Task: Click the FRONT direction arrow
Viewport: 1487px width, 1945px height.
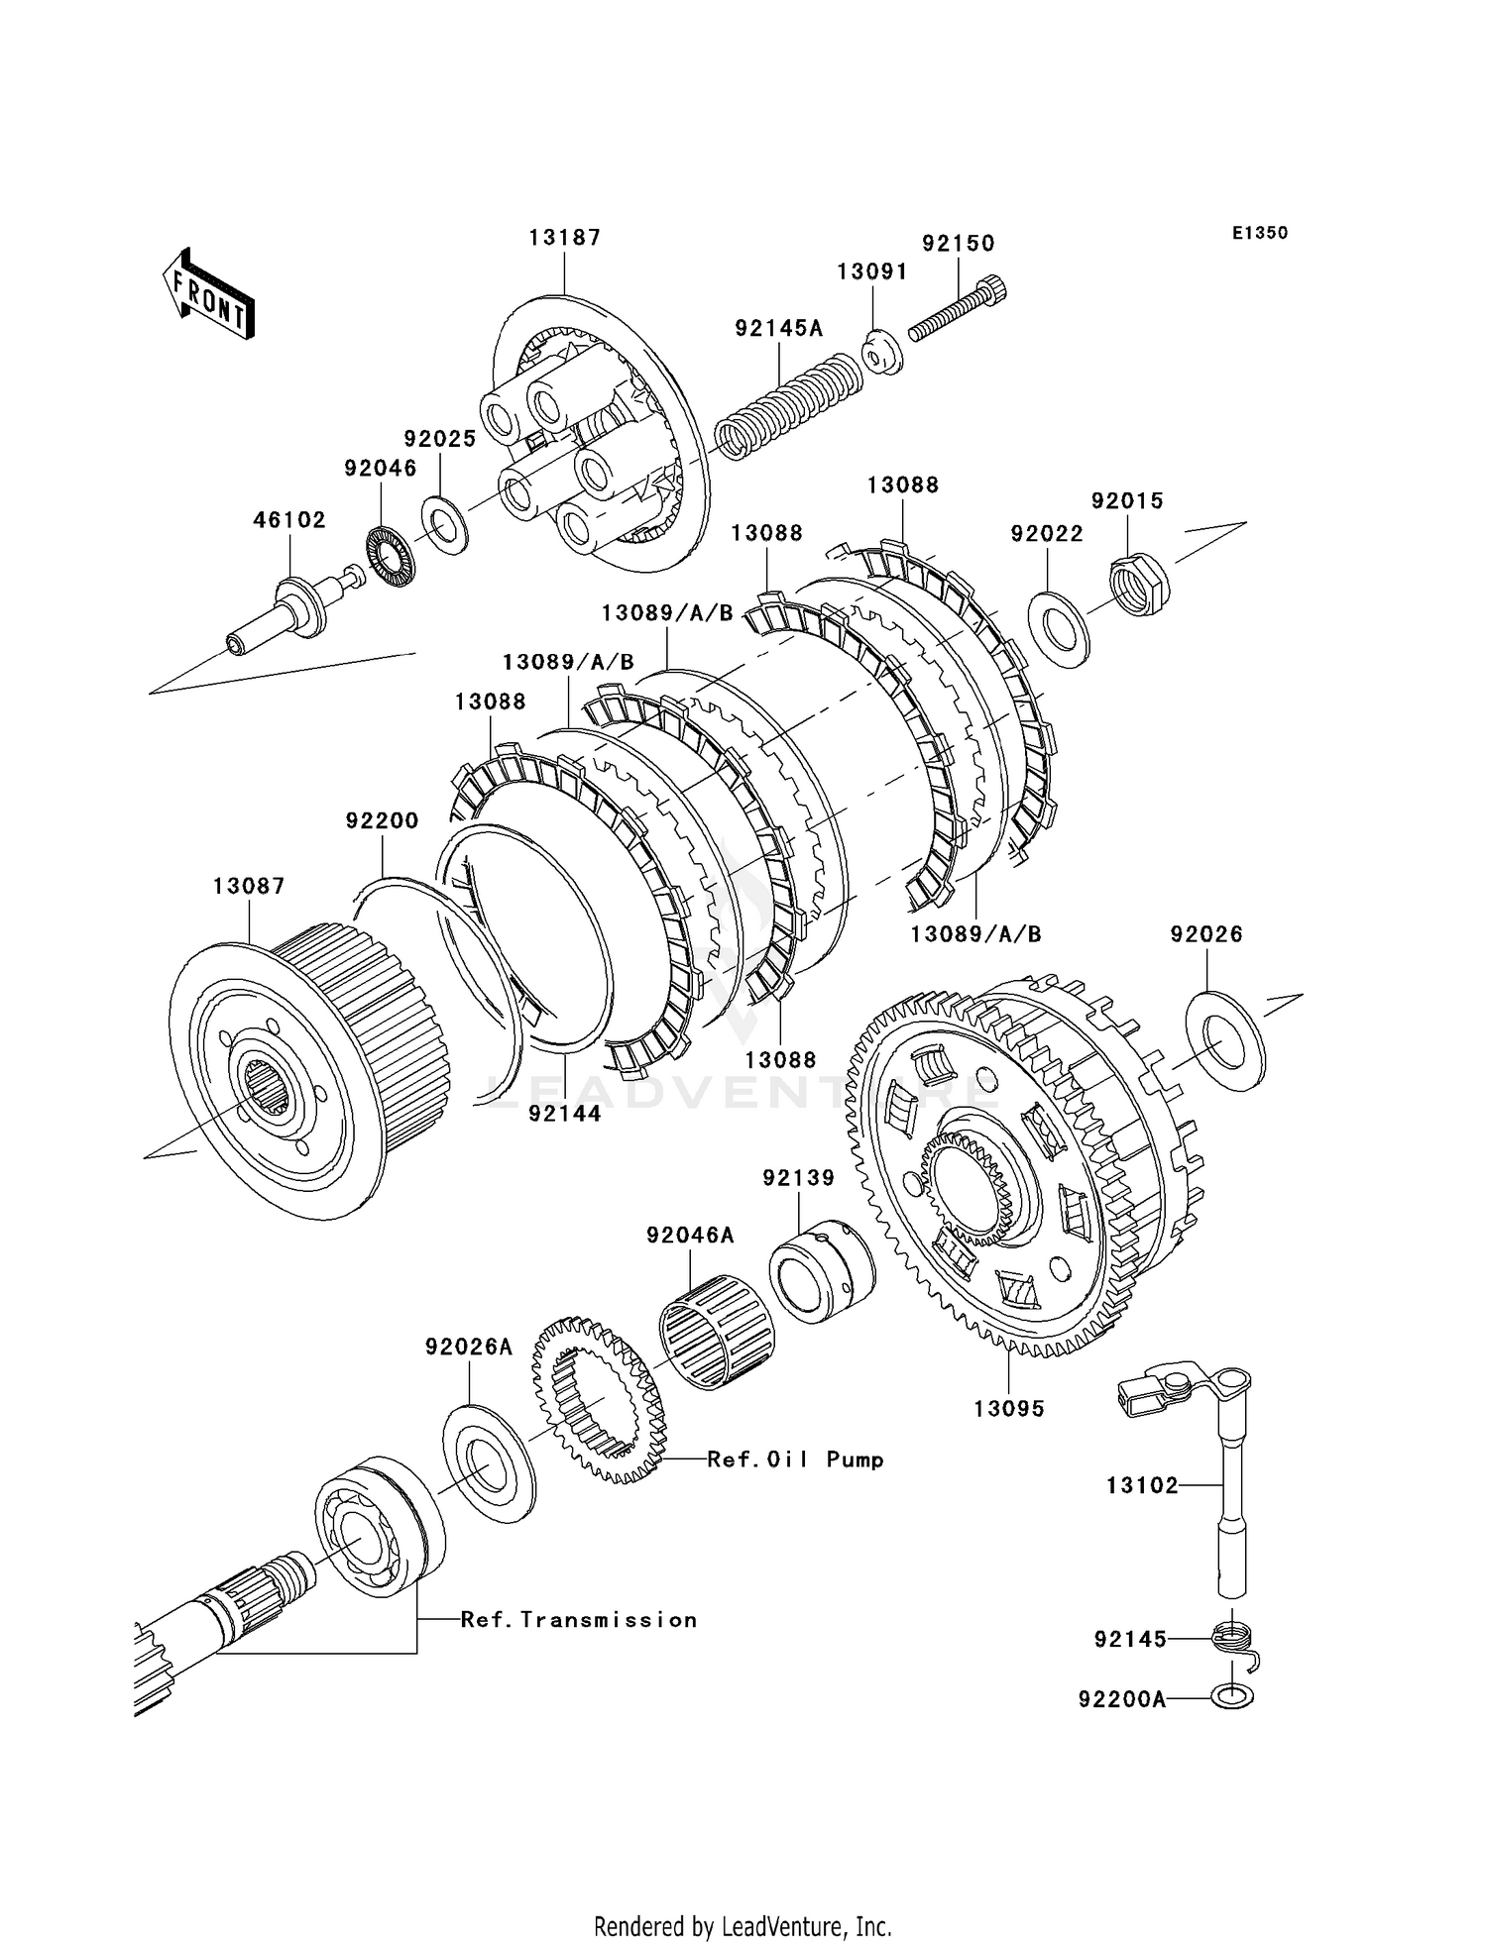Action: point(207,294)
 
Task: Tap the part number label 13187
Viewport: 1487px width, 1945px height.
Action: point(564,238)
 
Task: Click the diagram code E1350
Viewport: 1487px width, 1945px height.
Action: point(1259,234)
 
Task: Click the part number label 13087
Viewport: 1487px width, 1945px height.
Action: point(249,886)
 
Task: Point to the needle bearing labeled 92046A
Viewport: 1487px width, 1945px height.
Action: point(718,1332)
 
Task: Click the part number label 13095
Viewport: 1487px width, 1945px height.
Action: point(1009,1409)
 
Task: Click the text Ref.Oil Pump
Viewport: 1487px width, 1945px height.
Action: point(795,1459)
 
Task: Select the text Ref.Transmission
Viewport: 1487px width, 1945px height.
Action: point(579,1620)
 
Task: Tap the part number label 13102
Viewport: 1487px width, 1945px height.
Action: point(1143,1486)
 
